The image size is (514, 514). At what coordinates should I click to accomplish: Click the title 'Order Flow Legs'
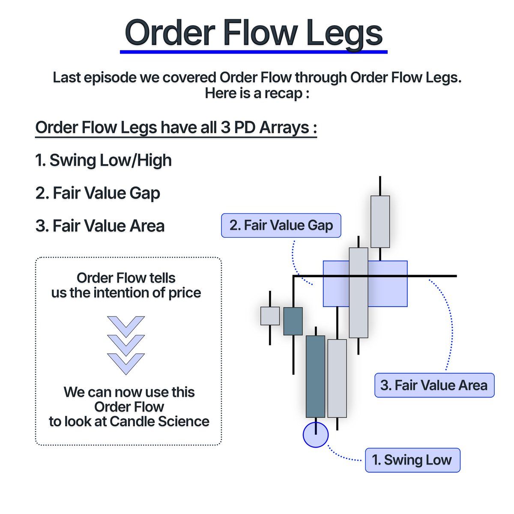(x=254, y=33)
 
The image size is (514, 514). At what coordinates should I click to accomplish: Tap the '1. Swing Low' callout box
(x=412, y=460)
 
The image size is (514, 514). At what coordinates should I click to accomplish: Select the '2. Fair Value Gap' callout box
(x=281, y=225)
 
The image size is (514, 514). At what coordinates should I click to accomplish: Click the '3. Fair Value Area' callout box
(x=434, y=385)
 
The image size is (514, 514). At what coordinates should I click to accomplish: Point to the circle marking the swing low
(x=316, y=435)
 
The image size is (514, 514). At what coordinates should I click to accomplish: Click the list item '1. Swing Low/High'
(x=103, y=160)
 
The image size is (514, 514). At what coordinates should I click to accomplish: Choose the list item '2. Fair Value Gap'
(x=98, y=193)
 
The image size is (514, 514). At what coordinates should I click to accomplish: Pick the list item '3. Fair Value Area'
(x=100, y=226)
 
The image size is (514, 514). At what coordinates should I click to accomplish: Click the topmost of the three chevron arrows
(x=126, y=326)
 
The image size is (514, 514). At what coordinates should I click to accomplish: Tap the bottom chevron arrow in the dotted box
(x=126, y=363)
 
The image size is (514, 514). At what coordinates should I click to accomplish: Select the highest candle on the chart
(x=380, y=221)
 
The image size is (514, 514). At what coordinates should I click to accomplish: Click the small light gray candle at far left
(x=270, y=316)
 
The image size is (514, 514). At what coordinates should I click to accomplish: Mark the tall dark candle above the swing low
(x=315, y=376)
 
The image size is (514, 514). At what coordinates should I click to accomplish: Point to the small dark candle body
(x=293, y=321)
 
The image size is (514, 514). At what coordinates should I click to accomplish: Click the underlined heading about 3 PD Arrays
(x=176, y=128)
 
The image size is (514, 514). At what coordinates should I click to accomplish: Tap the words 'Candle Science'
(x=159, y=421)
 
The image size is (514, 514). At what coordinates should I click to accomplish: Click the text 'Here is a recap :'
(x=257, y=93)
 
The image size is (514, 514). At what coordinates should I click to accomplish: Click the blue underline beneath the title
(x=254, y=52)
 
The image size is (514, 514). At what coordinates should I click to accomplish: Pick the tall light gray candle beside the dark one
(x=337, y=378)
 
